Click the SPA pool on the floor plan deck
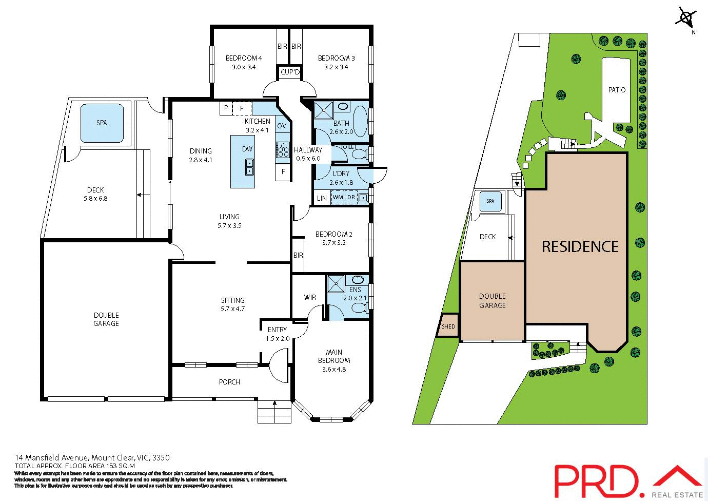(102, 123)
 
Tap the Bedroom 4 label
(244, 58)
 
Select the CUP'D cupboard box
(290, 72)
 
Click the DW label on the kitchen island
(247, 149)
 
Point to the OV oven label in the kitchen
(282, 126)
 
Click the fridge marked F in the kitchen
(242, 108)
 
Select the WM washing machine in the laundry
(338, 197)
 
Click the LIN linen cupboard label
(322, 198)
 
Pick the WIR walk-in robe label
(310, 297)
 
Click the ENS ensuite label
(355, 290)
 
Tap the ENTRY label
(278, 330)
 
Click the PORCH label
(229, 382)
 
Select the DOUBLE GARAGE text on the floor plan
(106, 319)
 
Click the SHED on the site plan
(448, 326)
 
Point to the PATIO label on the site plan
(617, 90)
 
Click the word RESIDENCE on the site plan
(580, 247)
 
